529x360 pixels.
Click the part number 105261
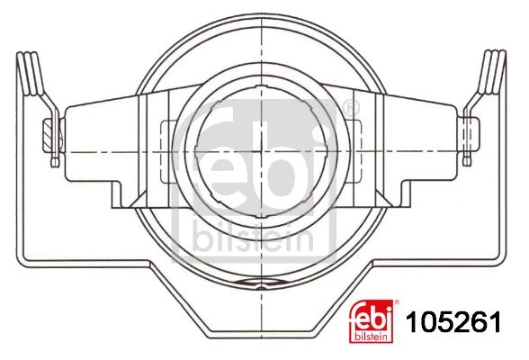453,321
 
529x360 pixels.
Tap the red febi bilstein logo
371,321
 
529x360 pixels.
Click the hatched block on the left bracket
49,136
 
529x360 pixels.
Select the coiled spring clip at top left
30,73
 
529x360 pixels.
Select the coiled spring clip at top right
492,72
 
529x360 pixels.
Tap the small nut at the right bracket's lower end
467,161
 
